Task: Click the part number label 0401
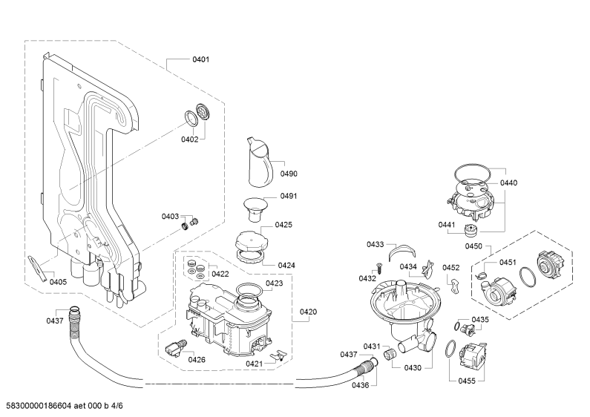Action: [200, 59]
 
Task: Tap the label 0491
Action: [289, 196]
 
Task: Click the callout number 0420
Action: [308, 312]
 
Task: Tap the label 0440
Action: [508, 183]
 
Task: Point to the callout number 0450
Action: [473, 246]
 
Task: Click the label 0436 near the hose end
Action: [360, 385]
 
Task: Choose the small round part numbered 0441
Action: [469, 229]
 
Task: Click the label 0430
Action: [413, 368]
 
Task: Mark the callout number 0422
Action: [220, 274]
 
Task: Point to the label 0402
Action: [189, 139]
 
